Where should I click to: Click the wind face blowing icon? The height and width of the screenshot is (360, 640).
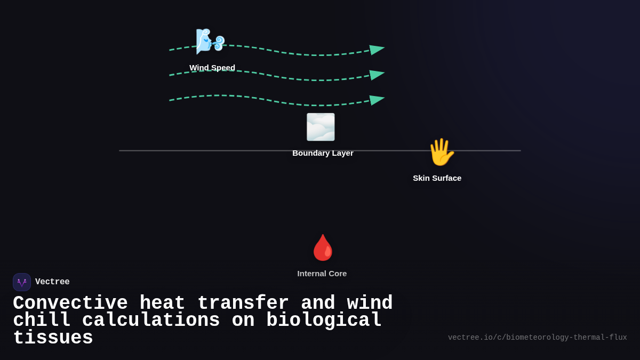pyautogui.click(x=210, y=41)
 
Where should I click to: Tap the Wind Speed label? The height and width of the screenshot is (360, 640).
pyautogui.click(x=212, y=68)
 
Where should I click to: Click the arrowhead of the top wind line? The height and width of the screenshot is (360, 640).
pyautogui.click(x=377, y=50)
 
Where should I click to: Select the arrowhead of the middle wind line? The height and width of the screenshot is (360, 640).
pyautogui.click(x=377, y=75)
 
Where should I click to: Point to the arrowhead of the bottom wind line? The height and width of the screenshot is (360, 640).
pyautogui.click(x=377, y=100)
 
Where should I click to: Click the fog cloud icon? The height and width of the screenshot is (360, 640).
pyautogui.click(x=321, y=127)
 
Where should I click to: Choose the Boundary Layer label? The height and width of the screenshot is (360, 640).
pyautogui.click(x=323, y=153)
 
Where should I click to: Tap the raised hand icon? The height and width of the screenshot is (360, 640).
pyautogui.click(x=441, y=152)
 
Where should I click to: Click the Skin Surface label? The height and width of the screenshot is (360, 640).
pyautogui.click(x=437, y=178)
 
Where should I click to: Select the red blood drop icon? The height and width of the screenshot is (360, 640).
pyautogui.click(x=323, y=247)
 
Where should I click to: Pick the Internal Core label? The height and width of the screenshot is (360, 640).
pyautogui.click(x=322, y=274)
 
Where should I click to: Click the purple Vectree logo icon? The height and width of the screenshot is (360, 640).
pyautogui.click(x=22, y=282)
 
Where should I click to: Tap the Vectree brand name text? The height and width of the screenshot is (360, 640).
pyautogui.click(x=52, y=282)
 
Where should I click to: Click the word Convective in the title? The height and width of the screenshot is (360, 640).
pyautogui.click(x=70, y=303)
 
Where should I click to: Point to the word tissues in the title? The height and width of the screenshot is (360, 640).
pyautogui.click(x=53, y=338)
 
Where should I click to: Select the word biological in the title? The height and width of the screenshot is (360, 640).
pyautogui.click(x=324, y=321)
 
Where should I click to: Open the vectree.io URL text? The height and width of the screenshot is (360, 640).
pyautogui.click(x=537, y=338)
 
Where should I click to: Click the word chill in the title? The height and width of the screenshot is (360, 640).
pyautogui.click(x=42, y=321)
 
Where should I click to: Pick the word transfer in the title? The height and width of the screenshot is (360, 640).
pyautogui.click(x=243, y=303)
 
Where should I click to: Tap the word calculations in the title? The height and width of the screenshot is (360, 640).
pyautogui.click(x=151, y=321)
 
